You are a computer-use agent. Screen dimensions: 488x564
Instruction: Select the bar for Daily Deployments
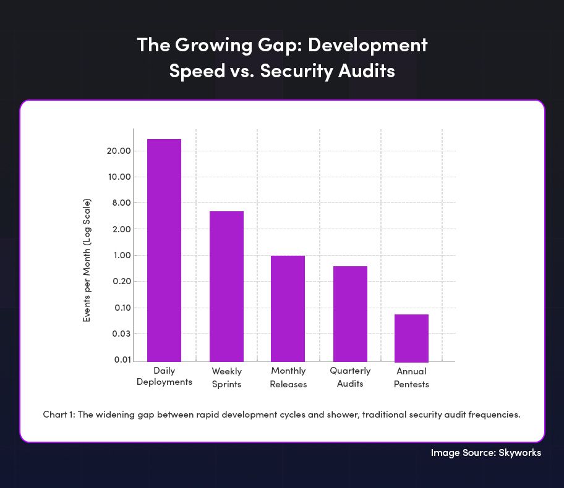coord(164,250)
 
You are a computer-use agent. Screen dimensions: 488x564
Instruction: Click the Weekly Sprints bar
coord(226,286)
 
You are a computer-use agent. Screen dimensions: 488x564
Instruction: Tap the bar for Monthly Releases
coord(288,308)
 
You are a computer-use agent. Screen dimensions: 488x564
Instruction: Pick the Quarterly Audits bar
coord(350,313)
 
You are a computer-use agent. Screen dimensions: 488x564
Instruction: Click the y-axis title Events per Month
coord(87,260)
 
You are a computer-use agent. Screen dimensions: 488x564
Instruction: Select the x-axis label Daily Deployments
coord(164,376)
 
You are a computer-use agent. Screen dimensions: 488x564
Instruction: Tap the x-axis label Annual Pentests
coord(411,377)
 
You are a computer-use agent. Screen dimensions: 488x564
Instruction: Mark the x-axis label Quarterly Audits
coord(350,377)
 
